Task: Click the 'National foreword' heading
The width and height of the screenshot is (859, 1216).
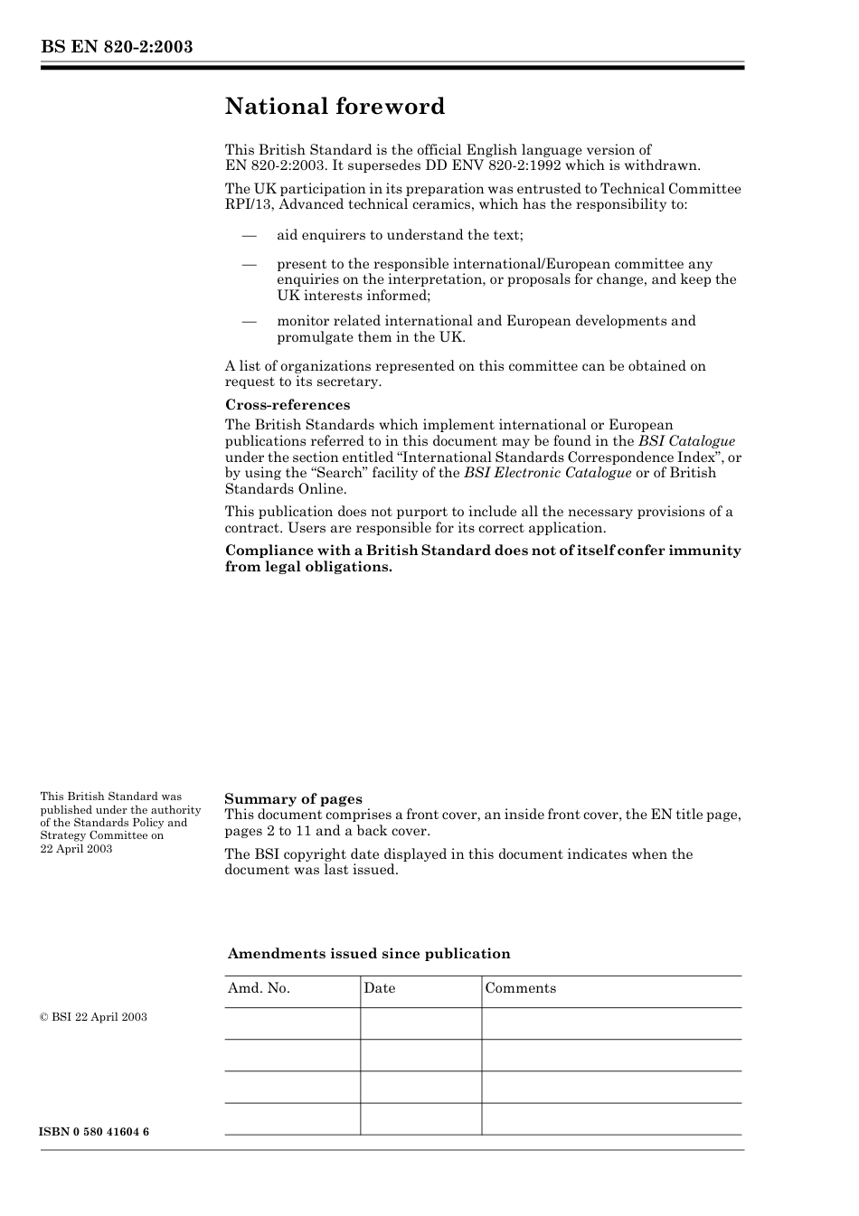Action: point(335,107)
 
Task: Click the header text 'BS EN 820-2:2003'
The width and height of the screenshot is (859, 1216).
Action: point(117,47)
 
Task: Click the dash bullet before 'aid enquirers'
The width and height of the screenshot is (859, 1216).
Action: point(249,235)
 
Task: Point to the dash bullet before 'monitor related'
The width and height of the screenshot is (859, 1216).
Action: point(249,321)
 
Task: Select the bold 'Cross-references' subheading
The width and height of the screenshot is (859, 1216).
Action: point(288,405)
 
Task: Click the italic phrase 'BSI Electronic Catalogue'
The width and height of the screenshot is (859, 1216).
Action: point(547,473)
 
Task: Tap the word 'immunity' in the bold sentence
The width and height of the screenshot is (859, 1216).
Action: point(704,551)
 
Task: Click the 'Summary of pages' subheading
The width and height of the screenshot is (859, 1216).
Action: point(293,799)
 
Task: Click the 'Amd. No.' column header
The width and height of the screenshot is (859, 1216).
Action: point(259,988)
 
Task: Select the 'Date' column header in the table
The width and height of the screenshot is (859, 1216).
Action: point(380,988)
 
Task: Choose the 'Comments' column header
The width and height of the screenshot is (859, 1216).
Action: point(520,988)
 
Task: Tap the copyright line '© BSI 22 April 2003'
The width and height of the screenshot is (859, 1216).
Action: point(93,1017)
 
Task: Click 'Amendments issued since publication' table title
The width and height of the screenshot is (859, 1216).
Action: point(369,954)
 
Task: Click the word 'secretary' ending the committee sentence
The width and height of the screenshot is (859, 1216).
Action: point(351,382)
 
